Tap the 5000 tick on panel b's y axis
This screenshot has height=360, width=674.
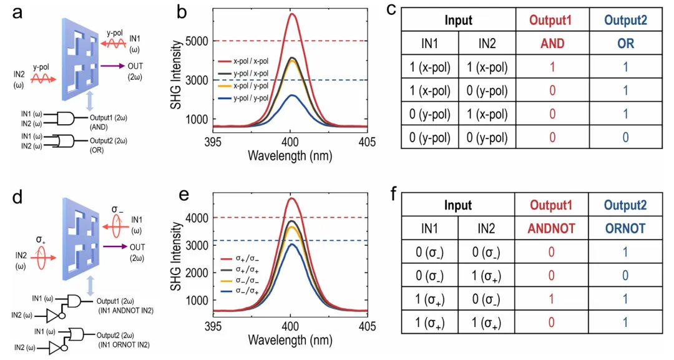pyautogui.click(x=197, y=41)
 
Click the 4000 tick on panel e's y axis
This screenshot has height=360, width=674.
pyautogui.click(x=197, y=218)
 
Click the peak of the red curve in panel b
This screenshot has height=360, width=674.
pyautogui.click(x=291, y=14)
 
